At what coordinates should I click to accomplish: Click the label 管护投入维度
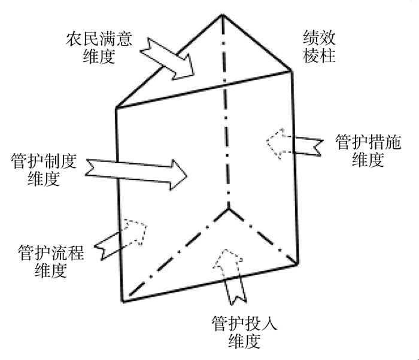pyautogui.click(x=244, y=332)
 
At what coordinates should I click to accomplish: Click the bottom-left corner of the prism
pyautogui.click(x=123, y=301)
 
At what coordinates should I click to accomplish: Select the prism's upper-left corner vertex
pyautogui.click(x=116, y=108)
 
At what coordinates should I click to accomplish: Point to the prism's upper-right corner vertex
pyautogui.click(x=292, y=71)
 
